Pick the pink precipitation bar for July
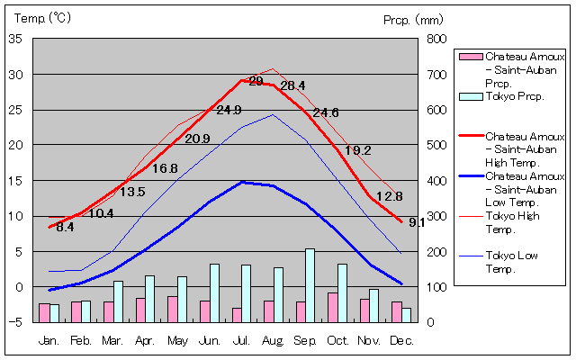click(x=237, y=315)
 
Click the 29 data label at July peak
click(x=256, y=82)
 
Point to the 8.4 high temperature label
click(x=65, y=228)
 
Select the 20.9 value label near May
click(x=197, y=139)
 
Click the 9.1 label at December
click(x=417, y=222)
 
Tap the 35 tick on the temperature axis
click(x=16, y=39)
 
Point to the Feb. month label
click(x=82, y=340)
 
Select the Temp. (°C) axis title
click(x=40, y=18)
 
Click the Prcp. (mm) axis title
click(x=413, y=19)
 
